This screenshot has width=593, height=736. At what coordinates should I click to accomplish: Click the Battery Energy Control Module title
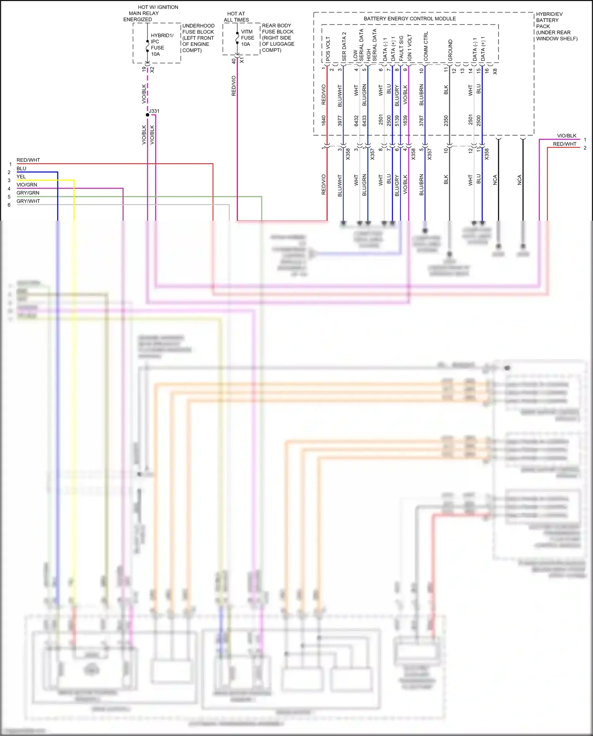click(410, 19)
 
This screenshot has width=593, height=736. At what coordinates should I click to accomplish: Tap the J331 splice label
click(154, 111)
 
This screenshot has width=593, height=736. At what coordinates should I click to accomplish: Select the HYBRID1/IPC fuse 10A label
click(162, 45)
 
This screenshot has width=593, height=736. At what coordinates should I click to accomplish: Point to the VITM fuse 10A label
click(247, 38)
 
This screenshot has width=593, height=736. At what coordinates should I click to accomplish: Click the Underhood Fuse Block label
click(198, 38)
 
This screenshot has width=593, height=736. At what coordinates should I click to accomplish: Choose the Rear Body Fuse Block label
click(278, 38)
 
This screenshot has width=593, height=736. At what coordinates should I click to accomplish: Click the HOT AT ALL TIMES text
click(236, 17)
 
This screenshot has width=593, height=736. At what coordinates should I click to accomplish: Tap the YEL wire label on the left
click(21, 176)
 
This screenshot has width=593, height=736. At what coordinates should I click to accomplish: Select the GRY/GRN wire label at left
click(28, 193)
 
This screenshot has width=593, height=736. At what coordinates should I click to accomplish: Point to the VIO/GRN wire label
click(27, 185)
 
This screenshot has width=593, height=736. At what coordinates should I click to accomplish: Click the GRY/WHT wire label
click(28, 201)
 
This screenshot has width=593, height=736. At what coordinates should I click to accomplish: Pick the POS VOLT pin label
click(328, 48)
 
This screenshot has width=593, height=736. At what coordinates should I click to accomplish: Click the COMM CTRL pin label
click(426, 46)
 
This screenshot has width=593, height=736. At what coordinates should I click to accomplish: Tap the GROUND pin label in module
click(450, 50)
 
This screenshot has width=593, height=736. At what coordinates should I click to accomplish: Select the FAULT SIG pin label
click(401, 48)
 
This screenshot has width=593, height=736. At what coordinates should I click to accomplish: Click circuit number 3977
click(340, 121)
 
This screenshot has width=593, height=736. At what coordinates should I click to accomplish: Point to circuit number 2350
click(446, 121)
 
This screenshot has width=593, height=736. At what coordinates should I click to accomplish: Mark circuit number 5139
click(397, 121)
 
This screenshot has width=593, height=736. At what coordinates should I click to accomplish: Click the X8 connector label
click(495, 71)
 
